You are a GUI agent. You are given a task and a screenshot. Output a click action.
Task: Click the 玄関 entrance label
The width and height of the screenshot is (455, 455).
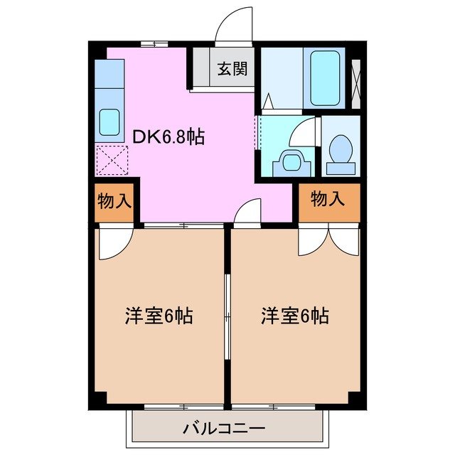(x=232, y=69)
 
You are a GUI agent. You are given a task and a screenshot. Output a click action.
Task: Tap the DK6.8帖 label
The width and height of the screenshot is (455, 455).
(x=168, y=136)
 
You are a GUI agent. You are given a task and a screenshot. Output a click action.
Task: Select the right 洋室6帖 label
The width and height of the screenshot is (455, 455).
(x=294, y=316)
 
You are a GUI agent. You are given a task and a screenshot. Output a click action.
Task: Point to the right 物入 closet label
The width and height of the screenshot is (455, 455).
(x=328, y=200)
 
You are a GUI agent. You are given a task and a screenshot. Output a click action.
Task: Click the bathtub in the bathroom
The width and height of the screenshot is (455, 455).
(x=326, y=78)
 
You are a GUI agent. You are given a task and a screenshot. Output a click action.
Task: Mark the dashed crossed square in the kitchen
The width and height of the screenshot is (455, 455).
(x=110, y=159)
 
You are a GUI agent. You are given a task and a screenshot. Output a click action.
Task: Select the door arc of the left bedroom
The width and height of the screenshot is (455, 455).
(x=113, y=243)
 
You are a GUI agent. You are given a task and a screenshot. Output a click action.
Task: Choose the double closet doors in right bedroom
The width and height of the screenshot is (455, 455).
(x=328, y=241)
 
